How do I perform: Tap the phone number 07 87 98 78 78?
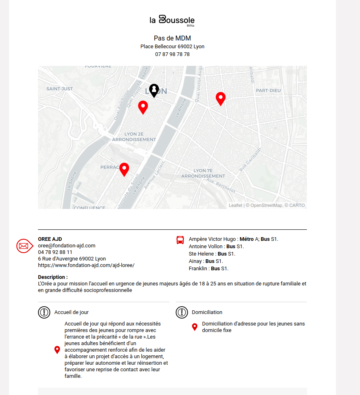coord(172,54)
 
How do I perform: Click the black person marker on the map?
coord(154,90)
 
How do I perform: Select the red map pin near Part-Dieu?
coord(221,99)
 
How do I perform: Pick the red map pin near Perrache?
coord(124,169)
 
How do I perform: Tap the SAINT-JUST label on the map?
coord(60,89)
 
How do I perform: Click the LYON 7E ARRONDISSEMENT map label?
coord(203,173)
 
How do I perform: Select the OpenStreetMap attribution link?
coord(266,205)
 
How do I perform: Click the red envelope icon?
coord(24,246)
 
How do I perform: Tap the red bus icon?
coord(180,240)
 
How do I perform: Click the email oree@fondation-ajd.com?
coord(67,246)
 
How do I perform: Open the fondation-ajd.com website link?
coord(86,265)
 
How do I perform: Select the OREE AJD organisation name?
coord(50,239)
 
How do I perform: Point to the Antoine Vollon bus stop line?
coord(216,247)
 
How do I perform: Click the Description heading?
coord(53,277)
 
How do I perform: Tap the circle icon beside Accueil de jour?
coord(44,312)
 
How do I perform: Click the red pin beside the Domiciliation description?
coord(195,327)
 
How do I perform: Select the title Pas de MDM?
coord(172,38)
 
